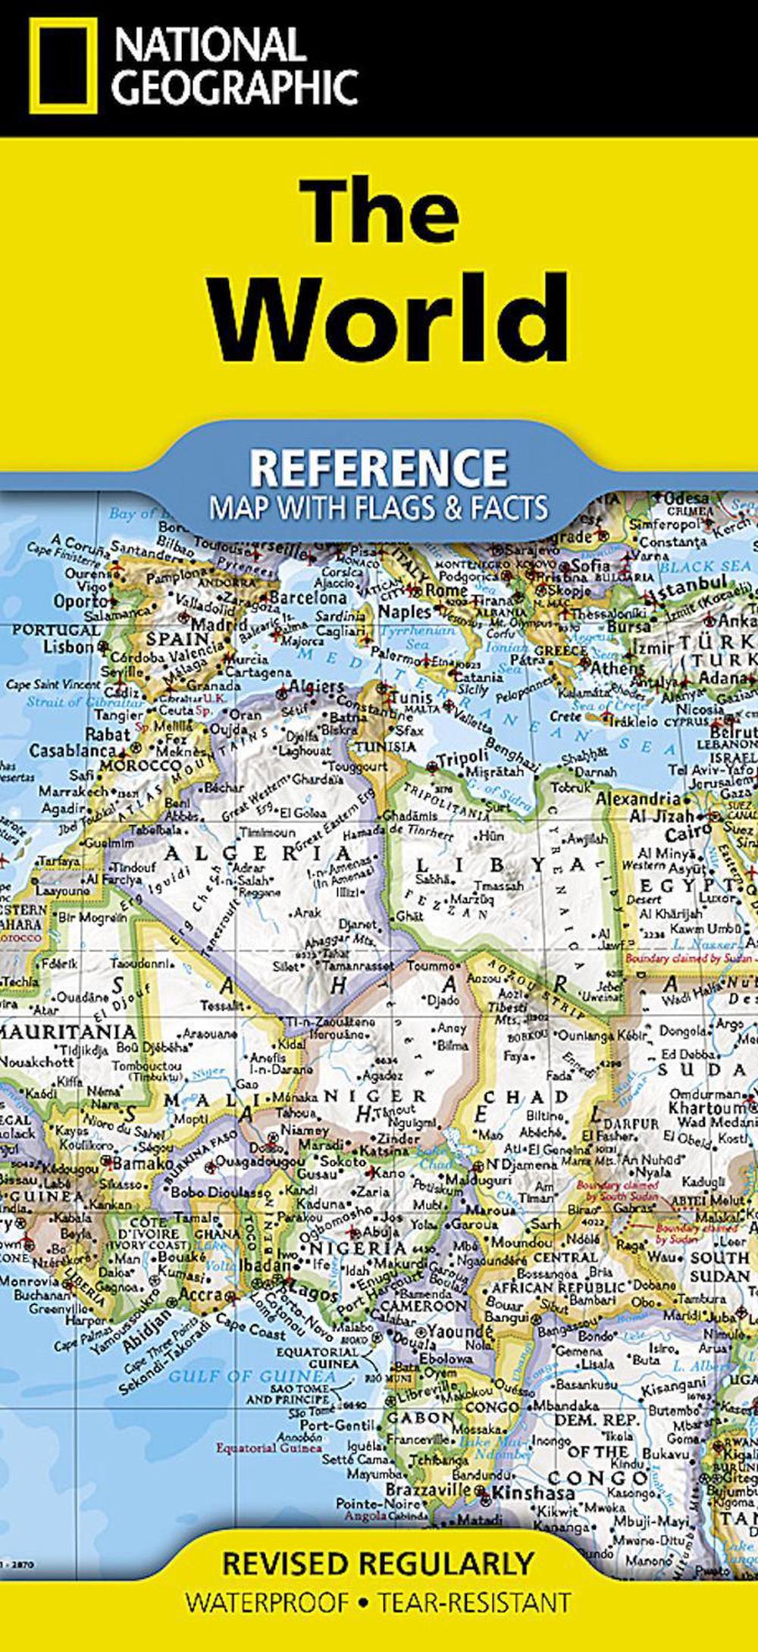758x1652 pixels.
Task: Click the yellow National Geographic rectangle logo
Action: click(x=64, y=67)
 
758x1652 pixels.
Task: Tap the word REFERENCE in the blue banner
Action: click(x=378, y=468)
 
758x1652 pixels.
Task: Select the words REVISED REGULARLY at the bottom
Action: click(x=378, y=1563)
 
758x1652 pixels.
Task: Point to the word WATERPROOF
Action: click(x=268, y=1603)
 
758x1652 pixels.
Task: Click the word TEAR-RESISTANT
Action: click(x=475, y=1603)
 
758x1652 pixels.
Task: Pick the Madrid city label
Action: click(x=219, y=626)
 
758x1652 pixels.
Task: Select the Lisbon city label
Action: click(x=68, y=647)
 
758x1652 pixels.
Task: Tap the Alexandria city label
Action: click(x=638, y=799)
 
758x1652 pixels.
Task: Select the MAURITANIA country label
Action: click(x=68, y=1031)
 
